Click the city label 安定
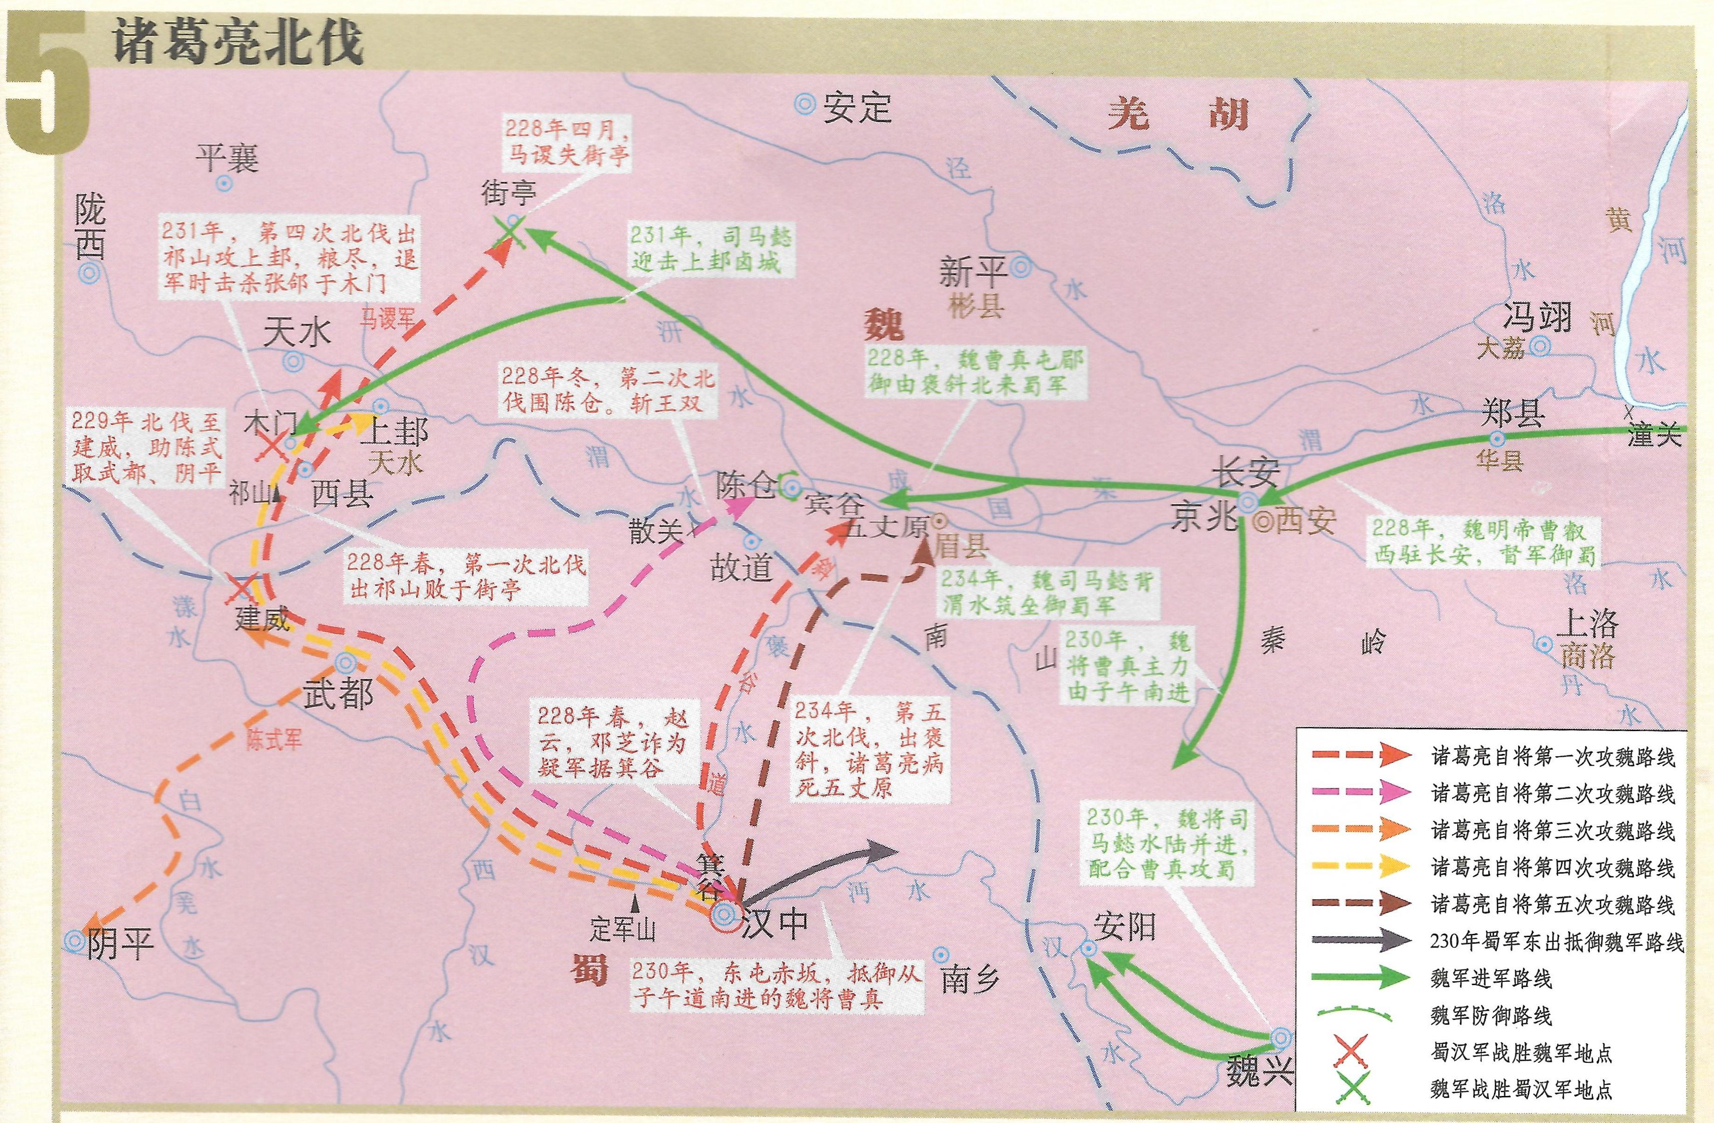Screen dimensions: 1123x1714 tap(857, 108)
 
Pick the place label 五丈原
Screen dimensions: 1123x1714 tap(886, 527)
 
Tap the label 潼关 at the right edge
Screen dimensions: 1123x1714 tap(1654, 435)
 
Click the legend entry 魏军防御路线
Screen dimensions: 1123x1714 tap(1491, 1016)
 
